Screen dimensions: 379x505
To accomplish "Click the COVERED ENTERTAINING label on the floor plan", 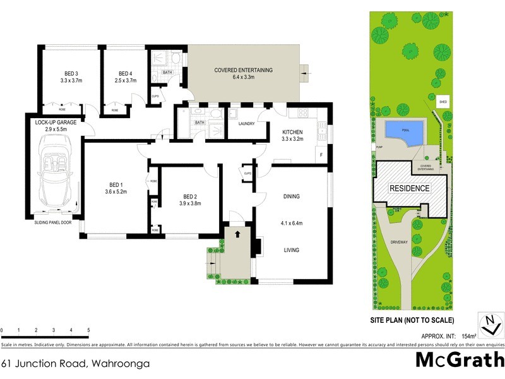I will coord(243,70).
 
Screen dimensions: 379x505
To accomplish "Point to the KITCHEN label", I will coord(296,132).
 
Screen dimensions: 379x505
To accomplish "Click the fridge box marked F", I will coord(321,155).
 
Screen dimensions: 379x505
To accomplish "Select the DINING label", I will coord(291,196).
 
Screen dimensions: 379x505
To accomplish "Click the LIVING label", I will coord(291,250).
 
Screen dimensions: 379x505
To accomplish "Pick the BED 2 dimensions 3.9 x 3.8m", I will coord(191,204).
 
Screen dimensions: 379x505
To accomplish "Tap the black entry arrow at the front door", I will coord(237,234).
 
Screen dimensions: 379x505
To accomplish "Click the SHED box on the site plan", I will coord(444,100).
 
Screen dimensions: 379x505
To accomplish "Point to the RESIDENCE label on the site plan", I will coord(409,188).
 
